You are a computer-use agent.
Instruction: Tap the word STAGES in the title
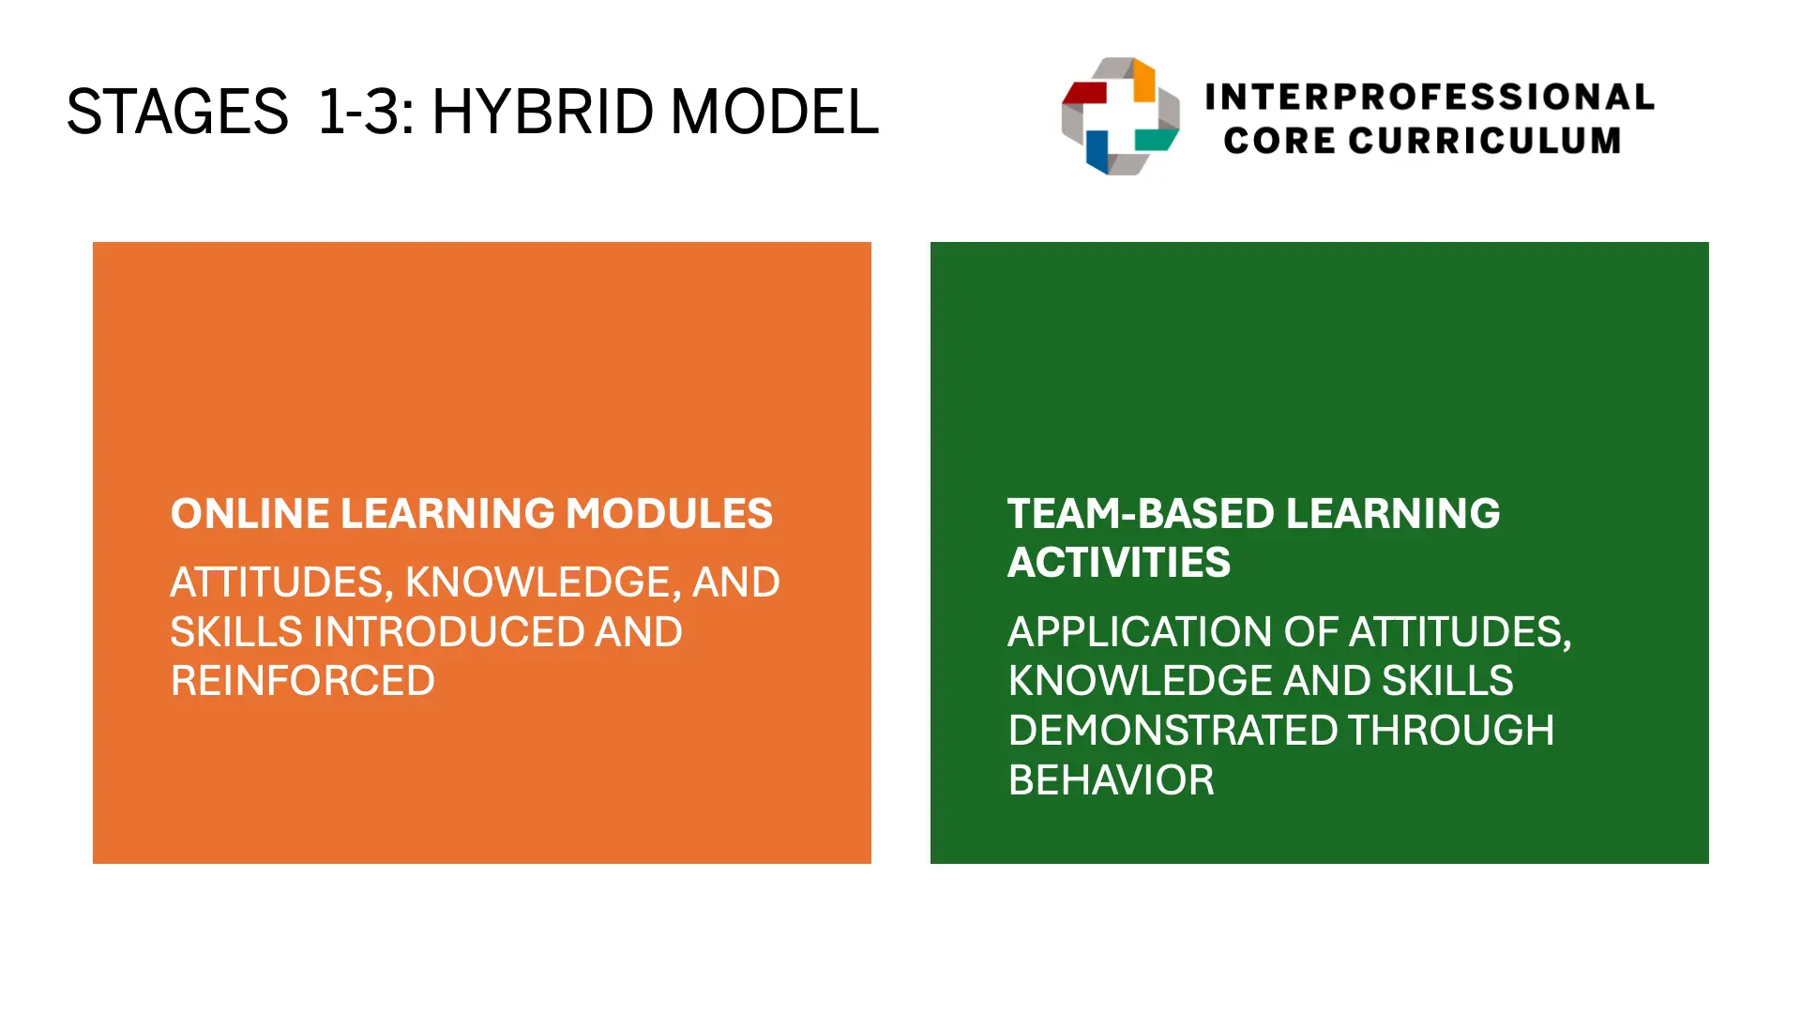tap(177, 112)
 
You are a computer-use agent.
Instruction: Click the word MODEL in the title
tap(775, 112)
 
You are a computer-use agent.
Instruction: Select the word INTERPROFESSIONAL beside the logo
tap(1430, 97)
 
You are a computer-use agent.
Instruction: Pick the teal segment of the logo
tap(1156, 140)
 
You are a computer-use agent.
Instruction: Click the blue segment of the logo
tap(1097, 150)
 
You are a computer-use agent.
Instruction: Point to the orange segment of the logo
tap(1144, 81)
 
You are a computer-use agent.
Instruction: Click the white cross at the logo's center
tap(1120, 116)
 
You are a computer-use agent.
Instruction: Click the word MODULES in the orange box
tap(670, 514)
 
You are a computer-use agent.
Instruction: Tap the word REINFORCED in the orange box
tap(303, 681)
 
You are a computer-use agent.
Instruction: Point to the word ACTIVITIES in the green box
tap(1119, 563)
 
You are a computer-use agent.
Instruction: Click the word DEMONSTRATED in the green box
tap(1173, 731)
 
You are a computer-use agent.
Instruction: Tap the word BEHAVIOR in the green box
tap(1112, 780)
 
